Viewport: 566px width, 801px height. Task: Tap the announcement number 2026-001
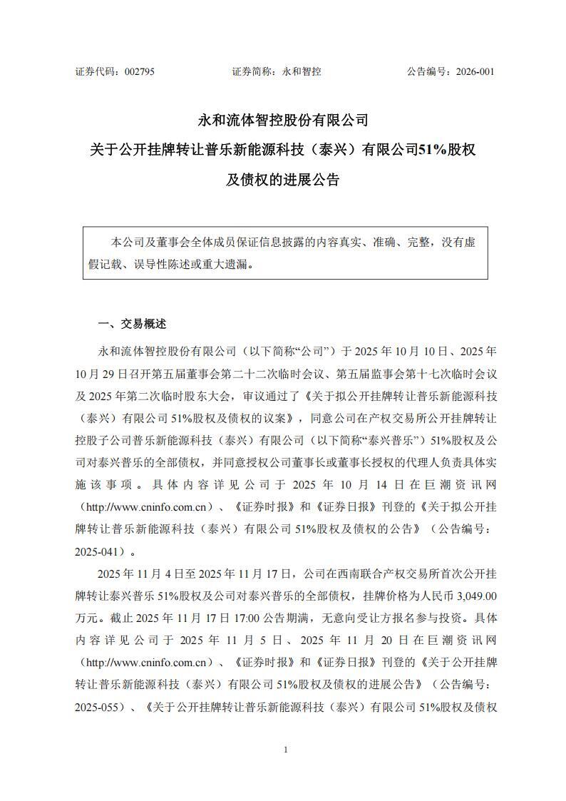click(470, 71)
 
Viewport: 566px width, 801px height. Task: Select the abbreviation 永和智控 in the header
click(302, 71)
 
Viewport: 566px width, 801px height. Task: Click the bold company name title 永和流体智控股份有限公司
click(283, 119)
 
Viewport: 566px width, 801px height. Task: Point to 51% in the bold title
click(430, 150)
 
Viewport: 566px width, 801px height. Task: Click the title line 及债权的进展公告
click(283, 180)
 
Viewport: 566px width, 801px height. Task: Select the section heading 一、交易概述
click(131, 324)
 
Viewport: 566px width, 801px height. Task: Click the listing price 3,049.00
click(471, 594)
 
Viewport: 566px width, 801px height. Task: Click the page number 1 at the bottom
click(284, 750)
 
